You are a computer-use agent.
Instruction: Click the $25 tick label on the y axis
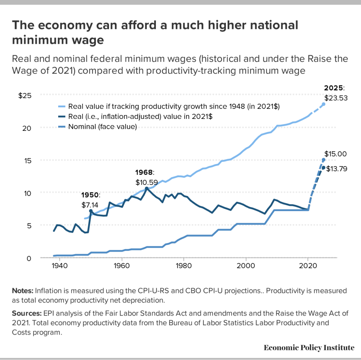point(25,95)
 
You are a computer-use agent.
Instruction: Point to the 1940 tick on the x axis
point(59,265)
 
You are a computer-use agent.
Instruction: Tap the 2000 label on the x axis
point(246,265)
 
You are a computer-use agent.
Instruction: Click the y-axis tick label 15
point(28,161)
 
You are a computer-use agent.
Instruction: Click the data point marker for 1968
point(147,188)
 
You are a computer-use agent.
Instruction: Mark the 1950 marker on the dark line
point(91,211)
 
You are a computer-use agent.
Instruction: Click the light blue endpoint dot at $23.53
point(323,104)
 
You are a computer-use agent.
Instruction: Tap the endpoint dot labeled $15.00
point(323,160)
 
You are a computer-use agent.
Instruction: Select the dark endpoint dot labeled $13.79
point(323,167)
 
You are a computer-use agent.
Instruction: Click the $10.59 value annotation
point(147,182)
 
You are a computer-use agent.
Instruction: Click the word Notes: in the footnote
point(22,291)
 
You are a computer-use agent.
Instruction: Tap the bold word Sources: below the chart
point(26,313)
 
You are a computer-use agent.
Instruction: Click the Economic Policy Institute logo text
point(309,348)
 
